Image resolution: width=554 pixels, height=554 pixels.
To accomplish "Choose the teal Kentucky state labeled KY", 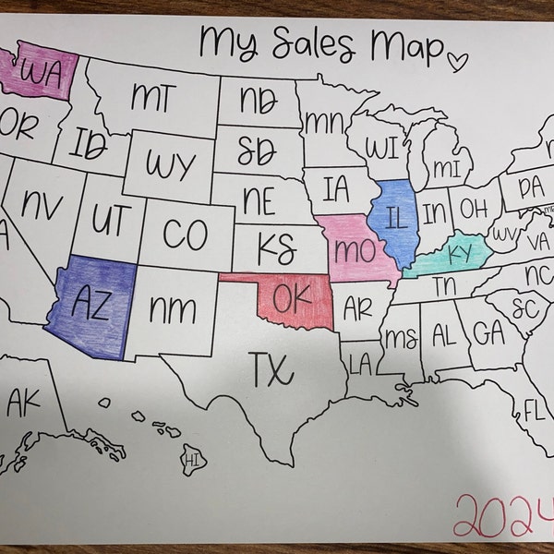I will point(459,252).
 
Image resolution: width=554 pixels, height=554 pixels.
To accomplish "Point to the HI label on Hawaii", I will point(193,459).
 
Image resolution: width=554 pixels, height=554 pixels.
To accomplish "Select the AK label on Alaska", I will point(28,402).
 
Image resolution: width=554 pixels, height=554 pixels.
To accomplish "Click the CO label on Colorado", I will point(185,235).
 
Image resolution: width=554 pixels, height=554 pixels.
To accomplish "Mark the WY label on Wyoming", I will point(171,166).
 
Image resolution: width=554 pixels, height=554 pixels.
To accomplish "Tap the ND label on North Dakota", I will point(262,97).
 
